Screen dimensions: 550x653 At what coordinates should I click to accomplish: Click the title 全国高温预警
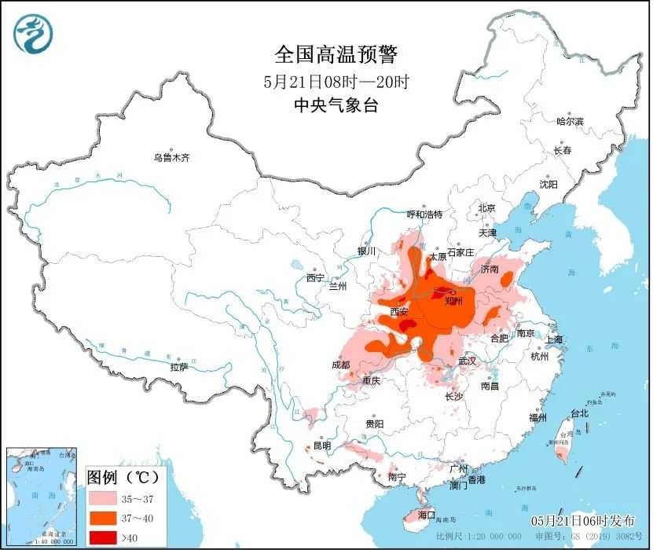tap(336, 55)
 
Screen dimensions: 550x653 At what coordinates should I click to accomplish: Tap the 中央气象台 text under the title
tap(336, 105)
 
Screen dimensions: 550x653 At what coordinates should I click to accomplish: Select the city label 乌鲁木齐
tap(171, 158)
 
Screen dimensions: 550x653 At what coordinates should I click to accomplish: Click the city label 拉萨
tap(179, 367)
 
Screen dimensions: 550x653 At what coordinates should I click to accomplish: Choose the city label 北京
tap(487, 209)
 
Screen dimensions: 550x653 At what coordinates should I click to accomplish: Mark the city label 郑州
tap(454, 301)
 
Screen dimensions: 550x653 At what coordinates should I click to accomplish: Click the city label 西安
tap(399, 312)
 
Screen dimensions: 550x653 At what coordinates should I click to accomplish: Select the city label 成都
tap(341, 365)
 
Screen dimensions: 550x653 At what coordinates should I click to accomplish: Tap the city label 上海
tap(555, 339)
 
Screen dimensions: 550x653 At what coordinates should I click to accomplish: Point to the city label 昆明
tap(322, 445)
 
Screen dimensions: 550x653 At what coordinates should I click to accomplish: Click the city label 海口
tap(427, 515)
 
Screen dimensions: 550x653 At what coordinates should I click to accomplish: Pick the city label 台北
tap(579, 413)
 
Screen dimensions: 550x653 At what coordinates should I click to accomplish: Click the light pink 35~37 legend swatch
tap(102, 498)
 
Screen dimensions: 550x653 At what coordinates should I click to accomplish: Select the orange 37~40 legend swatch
tap(102, 518)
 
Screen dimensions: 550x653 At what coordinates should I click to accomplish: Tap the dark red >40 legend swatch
tap(102, 537)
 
